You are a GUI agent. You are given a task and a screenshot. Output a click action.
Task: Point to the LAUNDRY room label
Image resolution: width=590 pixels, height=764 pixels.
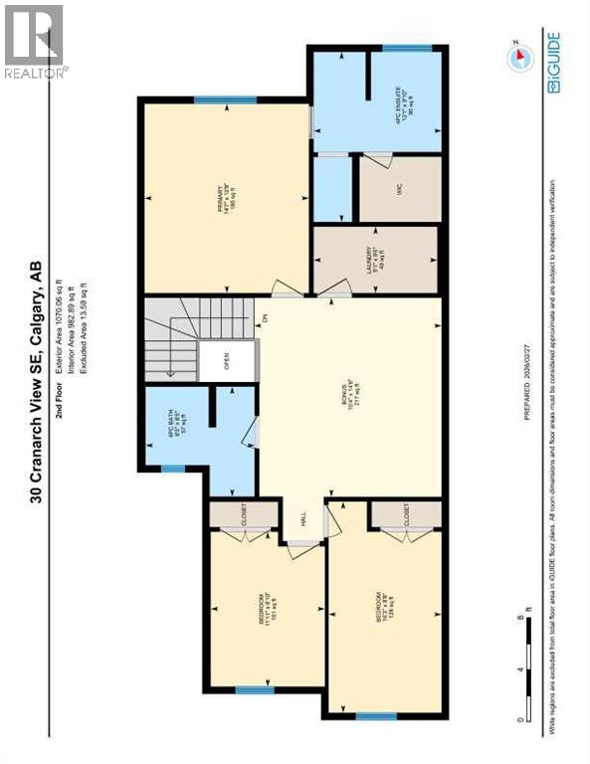point(374,262)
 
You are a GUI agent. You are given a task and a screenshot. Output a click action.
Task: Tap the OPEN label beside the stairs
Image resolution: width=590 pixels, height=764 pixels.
point(228,363)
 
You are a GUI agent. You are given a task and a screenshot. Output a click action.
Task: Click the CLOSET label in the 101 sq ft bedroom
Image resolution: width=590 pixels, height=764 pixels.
point(242,513)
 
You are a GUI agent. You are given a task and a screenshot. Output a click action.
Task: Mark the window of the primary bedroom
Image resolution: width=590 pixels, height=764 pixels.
point(225,98)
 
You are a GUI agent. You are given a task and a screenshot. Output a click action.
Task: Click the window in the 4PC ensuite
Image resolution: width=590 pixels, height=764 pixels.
point(399,48)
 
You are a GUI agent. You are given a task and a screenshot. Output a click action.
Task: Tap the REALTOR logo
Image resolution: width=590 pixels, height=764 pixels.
point(35,41)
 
